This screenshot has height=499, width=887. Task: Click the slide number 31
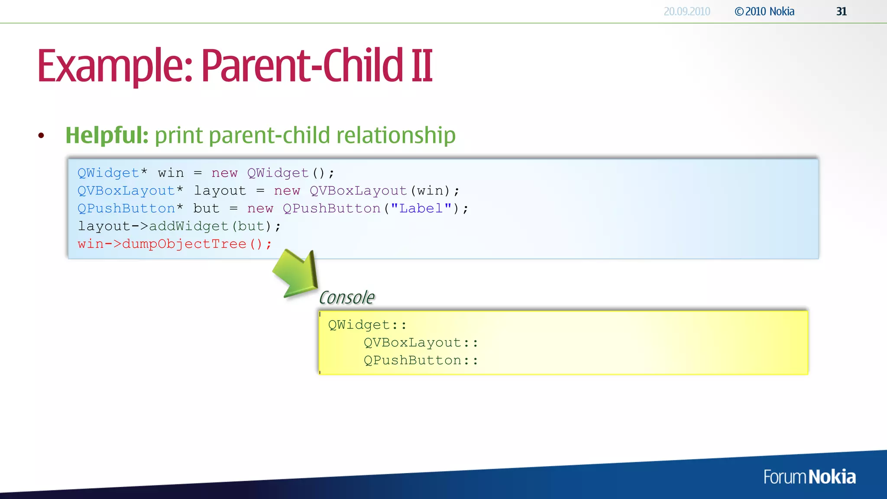click(841, 12)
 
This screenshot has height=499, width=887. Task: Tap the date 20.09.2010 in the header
click(686, 12)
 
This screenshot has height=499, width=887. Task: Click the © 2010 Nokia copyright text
click(764, 12)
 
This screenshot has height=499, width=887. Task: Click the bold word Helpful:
click(107, 135)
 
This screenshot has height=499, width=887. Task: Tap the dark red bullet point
click(41, 136)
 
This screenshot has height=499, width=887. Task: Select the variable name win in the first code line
click(171, 173)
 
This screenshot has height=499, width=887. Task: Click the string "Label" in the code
click(421, 208)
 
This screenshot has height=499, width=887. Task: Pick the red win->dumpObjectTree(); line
click(175, 244)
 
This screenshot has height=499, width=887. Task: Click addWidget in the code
click(188, 226)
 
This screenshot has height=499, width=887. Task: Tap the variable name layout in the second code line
click(220, 191)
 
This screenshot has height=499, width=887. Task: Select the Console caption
click(346, 298)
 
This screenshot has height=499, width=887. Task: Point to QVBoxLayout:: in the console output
click(421, 343)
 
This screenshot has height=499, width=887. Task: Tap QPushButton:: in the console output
click(421, 360)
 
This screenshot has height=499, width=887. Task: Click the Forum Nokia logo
click(809, 477)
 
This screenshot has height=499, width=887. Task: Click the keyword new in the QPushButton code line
click(260, 208)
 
